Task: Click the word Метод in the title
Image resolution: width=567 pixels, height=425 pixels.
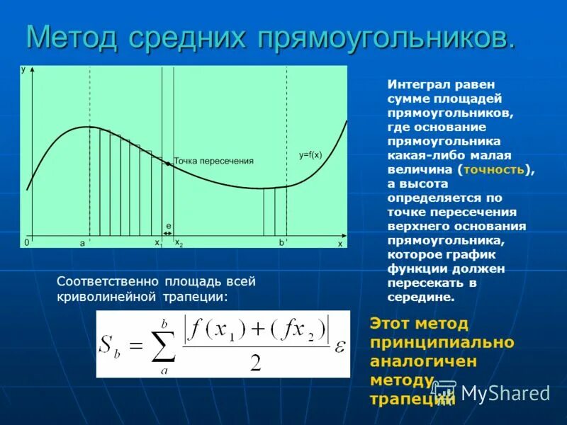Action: click(72, 37)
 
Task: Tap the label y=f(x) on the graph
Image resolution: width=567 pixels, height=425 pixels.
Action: click(310, 154)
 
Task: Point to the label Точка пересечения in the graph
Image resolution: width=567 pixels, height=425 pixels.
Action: click(213, 161)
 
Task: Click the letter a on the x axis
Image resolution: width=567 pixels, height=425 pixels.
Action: click(82, 243)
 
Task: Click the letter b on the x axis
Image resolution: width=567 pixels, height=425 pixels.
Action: click(281, 242)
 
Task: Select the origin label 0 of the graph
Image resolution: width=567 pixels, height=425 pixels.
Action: click(26, 242)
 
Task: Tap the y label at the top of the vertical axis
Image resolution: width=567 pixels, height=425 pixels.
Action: click(24, 70)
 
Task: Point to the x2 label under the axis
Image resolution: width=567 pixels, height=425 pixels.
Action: click(179, 243)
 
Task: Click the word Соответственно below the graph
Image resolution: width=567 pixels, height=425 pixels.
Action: click(104, 281)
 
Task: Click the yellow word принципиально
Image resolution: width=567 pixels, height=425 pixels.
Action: click(442, 342)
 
